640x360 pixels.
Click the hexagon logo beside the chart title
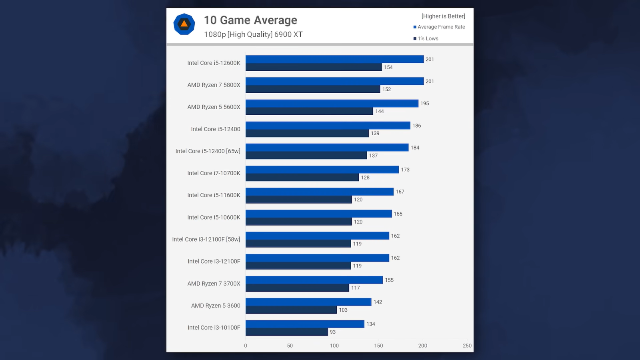(184, 24)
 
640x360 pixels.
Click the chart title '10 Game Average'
(250, 20)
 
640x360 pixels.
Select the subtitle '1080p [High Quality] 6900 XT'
(253, 34)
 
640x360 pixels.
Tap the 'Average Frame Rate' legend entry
(441, 27)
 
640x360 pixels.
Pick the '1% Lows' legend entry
(428, 38)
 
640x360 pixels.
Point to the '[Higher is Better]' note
(443, 16)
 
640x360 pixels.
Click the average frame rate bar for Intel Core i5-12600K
(334, 59)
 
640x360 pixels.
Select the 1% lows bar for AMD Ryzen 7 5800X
(313, 89)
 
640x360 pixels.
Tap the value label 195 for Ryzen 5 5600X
(424, 103)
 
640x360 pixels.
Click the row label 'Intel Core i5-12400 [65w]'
(208, 151)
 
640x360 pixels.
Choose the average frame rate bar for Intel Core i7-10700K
(322, 170)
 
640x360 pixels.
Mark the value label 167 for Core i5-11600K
(400, 192)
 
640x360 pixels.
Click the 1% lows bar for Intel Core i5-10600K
(298, 222)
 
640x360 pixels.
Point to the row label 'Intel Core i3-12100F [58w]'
(206, 239)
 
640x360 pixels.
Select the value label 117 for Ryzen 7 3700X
(356, 288)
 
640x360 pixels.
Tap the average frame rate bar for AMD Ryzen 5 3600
(308, 302)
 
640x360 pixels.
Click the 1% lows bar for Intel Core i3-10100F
(287, 332)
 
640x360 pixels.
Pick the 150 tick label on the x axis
(378, 346)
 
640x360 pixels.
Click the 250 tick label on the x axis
(467, 346)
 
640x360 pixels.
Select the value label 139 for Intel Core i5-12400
(375, 133)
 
